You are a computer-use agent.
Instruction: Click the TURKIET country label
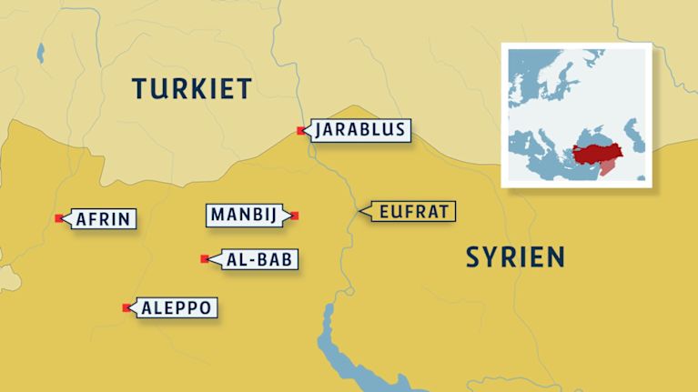(x=190, y=88)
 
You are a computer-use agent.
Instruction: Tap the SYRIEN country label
(x=515, y=256)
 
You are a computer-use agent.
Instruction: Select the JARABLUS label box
(x=359, y=130)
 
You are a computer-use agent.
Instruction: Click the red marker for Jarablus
(x=301, y=131)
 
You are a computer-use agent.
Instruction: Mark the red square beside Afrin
(x=59, y=218)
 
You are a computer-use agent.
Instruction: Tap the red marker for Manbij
(x=295, y=216)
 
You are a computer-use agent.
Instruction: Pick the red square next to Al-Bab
(x=204, y=259)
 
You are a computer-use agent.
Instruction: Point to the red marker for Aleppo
(x=126, y=308)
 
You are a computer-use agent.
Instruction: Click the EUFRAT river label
(x=411, y=212)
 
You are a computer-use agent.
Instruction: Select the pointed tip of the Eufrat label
(x=360, y=212)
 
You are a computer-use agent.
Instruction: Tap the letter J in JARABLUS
(x=319, y=130)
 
